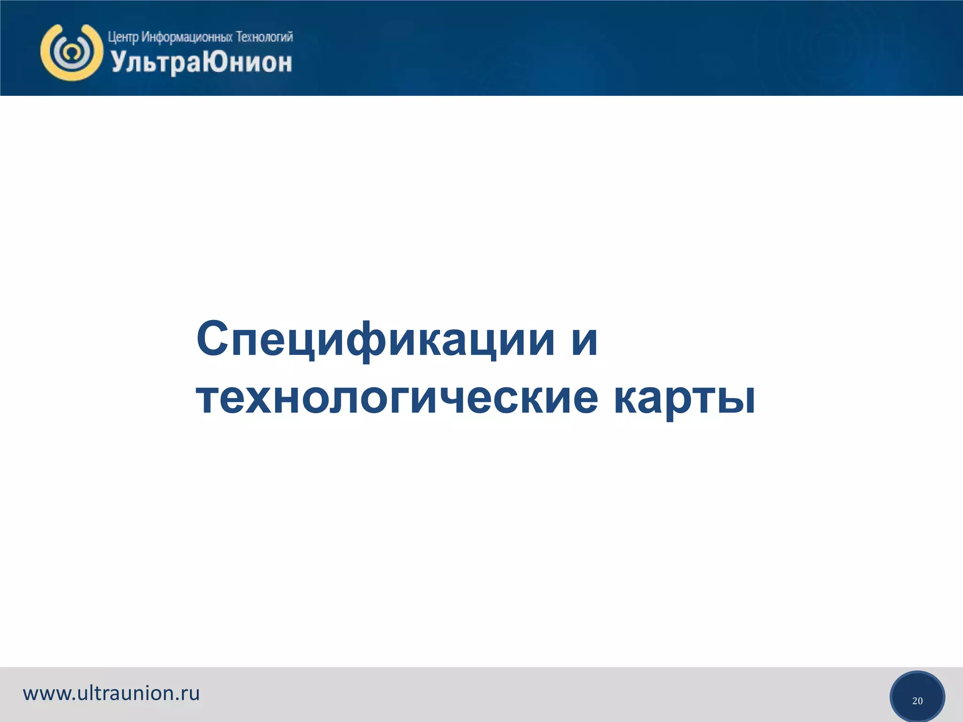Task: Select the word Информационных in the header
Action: (x=187, y=37)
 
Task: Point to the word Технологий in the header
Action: (x=264, y=37)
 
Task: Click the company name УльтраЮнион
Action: (x=202, y=63)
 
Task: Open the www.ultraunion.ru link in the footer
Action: (x=111, y=693)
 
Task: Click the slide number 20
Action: (x=917, y=701)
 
